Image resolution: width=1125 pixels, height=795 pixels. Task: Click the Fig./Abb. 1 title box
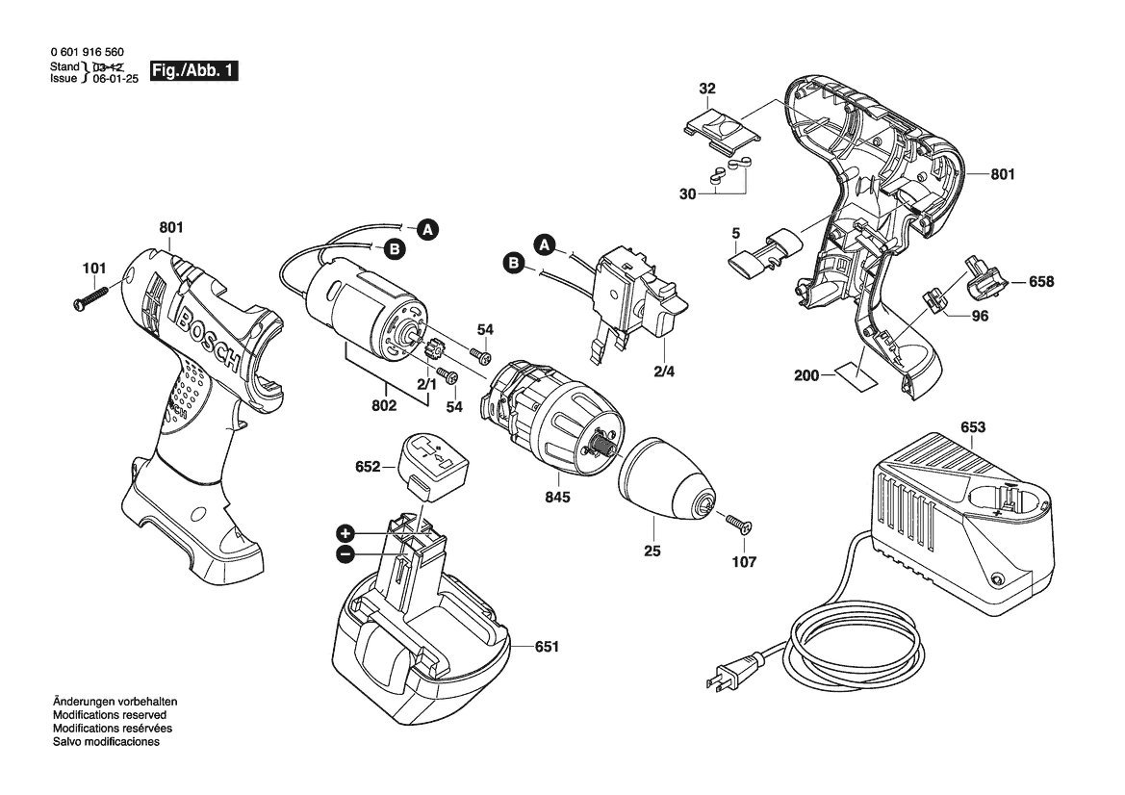[193, 71]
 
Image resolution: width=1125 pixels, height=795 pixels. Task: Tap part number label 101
[94, 269]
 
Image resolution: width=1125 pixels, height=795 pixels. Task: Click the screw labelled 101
[90, 297]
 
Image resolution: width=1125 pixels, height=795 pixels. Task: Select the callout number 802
[385, 406]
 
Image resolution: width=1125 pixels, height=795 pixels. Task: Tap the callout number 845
[557, 498]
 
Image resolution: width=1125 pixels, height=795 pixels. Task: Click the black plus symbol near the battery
[345, 533]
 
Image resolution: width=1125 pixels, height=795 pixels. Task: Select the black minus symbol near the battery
[345, 554]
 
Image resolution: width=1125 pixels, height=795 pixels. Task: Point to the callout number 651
[547, 647]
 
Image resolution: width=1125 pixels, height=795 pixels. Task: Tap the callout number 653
[973, 427]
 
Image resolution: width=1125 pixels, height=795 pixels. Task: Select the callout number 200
[806, 375]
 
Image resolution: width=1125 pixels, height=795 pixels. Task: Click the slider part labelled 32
[720, 129]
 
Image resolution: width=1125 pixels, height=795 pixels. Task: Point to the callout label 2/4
[664, 372]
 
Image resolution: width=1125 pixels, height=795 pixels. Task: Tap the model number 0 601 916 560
[87, 52]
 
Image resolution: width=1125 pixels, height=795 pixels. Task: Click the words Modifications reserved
[109, 715]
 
